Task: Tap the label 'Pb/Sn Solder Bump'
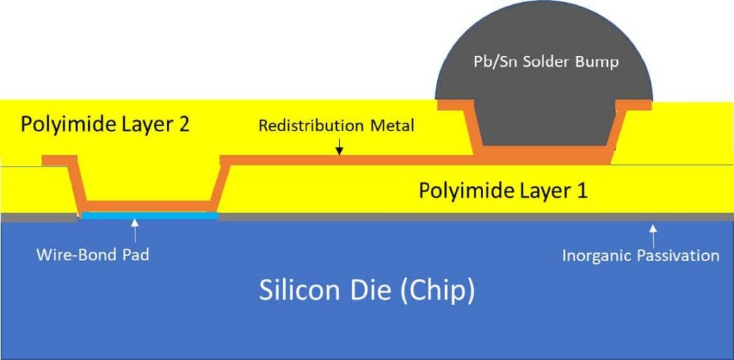pyautogui.click(x=545, y=62)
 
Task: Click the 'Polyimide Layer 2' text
pyautogui.click(x=105, y=124)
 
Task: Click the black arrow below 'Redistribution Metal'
pyautogui.click(x=339, y=148)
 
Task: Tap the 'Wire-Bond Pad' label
pyautogui.click(x=92, y=255)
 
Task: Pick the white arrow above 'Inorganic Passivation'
pyautogui.click(x=652, y=231)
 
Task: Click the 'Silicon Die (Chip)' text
pyautogui.click(x=366, y=290)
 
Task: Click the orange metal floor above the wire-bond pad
pyautogui.click(x=151, y=207)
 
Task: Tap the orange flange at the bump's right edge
pyautogui.click(x=634, y=105)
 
